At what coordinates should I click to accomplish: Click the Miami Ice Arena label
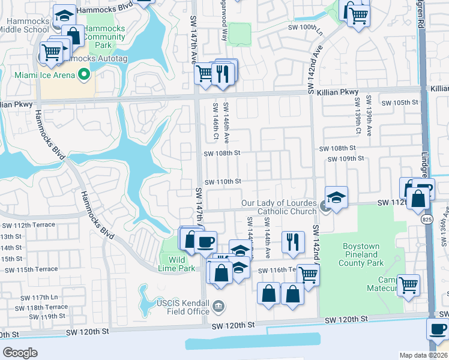tap(38, 75)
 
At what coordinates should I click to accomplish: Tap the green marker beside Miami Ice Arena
tap(84, 75)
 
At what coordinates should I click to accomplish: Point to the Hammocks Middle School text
tap(23, 25)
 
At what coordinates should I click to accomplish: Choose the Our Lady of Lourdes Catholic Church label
tap(279, 207)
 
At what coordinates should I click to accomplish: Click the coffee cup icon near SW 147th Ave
tap(206, 241)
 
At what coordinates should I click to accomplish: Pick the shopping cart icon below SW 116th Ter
tap(308, 275)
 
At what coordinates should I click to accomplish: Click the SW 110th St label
tap(223, 182)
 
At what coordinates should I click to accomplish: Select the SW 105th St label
tap(401, 102)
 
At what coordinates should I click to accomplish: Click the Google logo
tap(20, 352)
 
